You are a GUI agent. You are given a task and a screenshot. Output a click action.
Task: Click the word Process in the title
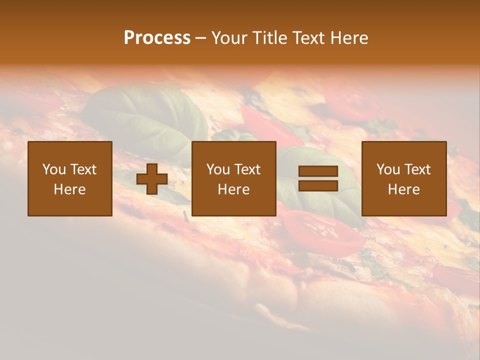157,37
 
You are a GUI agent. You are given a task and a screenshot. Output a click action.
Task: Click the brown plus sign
152,179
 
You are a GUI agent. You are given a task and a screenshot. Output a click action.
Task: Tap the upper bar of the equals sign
318,171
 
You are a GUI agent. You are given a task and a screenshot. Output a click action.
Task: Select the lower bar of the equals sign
318,186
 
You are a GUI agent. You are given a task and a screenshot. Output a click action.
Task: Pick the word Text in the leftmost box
83,169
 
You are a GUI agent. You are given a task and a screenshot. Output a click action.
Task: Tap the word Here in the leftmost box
69,189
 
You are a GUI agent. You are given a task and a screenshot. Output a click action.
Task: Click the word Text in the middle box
247,169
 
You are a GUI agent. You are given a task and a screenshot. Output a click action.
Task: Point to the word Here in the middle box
233,189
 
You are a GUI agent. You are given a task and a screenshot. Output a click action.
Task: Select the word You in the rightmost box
388,169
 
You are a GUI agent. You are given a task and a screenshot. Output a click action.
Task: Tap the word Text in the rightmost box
417,169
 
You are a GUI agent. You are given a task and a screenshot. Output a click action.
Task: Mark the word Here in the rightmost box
403,189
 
